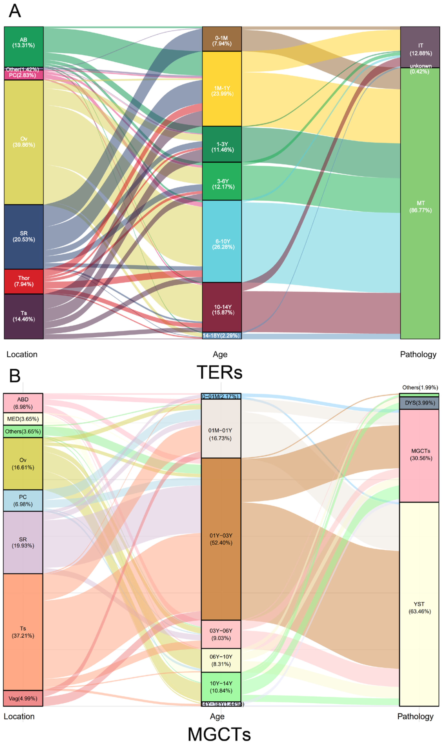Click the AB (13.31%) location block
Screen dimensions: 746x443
(x=24, y=47)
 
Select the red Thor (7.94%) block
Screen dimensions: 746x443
(x=24, y=281)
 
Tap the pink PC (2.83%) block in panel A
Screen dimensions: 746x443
(x=24, y=75)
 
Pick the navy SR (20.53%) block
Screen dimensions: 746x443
(x=24, y=237)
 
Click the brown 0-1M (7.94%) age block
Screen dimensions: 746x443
(x=222, y=39)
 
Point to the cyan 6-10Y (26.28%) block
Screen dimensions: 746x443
(x=222, y=241)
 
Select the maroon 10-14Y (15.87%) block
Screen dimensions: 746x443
(x=222, y=307)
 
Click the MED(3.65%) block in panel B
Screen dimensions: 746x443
(x=23, y=419)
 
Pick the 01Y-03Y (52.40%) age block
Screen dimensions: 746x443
(x=221, y=539)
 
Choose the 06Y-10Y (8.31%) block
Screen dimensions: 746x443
(x=221, y=660)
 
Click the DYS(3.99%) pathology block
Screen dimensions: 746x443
(x=419, y=403)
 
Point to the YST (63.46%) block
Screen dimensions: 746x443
(x=419, y=608)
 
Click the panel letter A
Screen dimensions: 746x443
(x=15, y=11)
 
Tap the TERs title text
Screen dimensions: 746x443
(x=219, y=372)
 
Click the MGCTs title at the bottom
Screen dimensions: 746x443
(x=219, y=734)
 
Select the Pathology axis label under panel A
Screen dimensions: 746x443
(x=418, y=354)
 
